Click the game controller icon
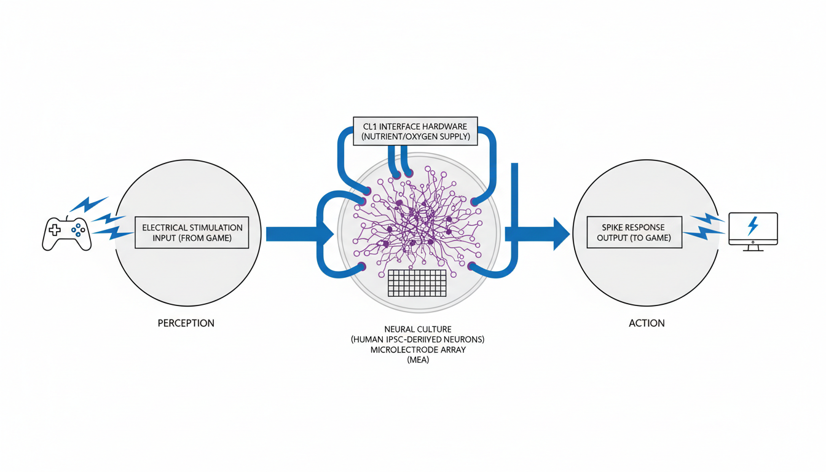(66, 234)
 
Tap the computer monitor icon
(753, 230)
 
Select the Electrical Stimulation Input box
(192, 232)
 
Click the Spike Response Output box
(634, 232)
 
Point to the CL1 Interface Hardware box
(415, 131)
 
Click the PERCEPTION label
(186, 323)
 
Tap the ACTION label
(647, 323)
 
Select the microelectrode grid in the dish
(417, 283)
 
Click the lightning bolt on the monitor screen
(752, 226)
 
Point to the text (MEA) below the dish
(418, 360)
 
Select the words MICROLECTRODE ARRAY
(418, 350)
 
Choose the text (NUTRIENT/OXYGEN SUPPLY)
(416, 136)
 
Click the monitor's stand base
(752, 250)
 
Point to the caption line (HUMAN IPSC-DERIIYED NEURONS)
(418, 339)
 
